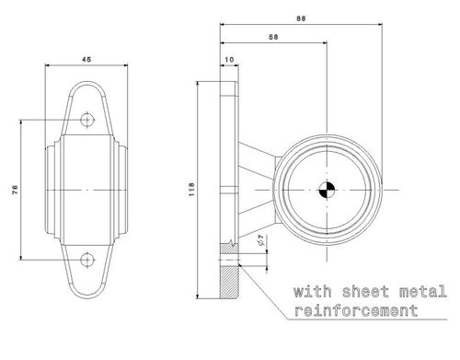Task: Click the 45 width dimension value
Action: (x=86, y=59)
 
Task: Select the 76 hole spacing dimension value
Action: (x=15, y=190)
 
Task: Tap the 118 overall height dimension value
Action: (x=191, y=190)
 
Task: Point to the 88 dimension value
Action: (x=301, y=18)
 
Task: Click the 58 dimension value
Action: (x=273, y=37)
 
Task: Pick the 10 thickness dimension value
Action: (x=229, y=60)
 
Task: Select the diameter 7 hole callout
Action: (x=261, y=240)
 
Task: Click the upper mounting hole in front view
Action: (x=87, y=120)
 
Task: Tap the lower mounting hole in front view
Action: (x=87, y=260)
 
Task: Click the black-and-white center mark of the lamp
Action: (x=327, y=191)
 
